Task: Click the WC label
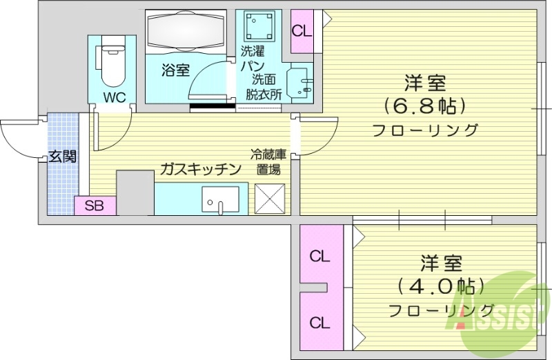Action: click(x=114, y=97)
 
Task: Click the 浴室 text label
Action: click(x=175, y=69)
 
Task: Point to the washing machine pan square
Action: click(x=260, y=27)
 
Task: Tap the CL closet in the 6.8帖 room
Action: click(x=302, y=31)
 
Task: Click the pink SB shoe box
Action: click(x=95, y=206)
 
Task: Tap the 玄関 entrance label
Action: click(x=62, y=156)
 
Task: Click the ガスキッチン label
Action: click(x=200, y=169)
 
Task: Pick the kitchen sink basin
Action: click(x=220, y=199)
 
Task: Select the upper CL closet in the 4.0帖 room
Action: click(x=319, y=257)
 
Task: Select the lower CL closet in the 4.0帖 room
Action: click(x=319, y=322)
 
